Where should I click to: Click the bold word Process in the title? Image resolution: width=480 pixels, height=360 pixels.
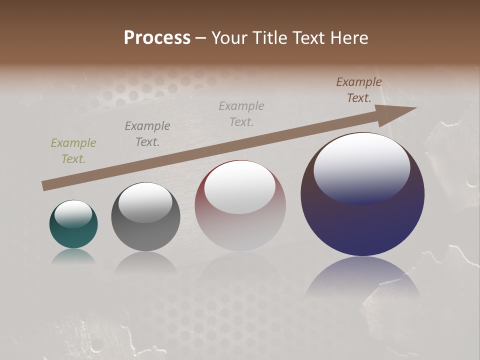(157, 37)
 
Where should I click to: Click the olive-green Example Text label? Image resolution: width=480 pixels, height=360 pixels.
(73, 151)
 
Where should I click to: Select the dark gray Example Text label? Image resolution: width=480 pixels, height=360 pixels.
(147, 134)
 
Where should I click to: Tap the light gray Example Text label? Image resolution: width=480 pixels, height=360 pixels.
(241, 114)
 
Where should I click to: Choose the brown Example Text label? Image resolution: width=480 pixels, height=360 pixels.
(359, 90)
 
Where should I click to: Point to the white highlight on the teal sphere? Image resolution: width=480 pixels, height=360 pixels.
(73, 213)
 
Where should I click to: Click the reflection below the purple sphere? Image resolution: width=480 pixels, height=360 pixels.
(362, 280)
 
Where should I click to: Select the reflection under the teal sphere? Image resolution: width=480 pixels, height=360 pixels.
(73, 256)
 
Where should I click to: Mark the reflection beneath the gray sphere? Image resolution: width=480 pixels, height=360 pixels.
(145, 262)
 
